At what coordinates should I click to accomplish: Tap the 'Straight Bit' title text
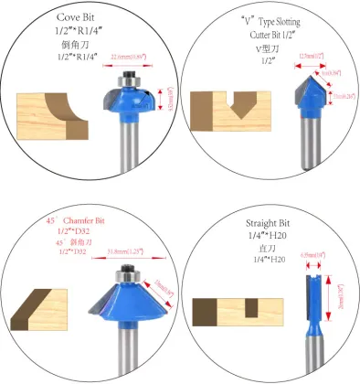272,224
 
